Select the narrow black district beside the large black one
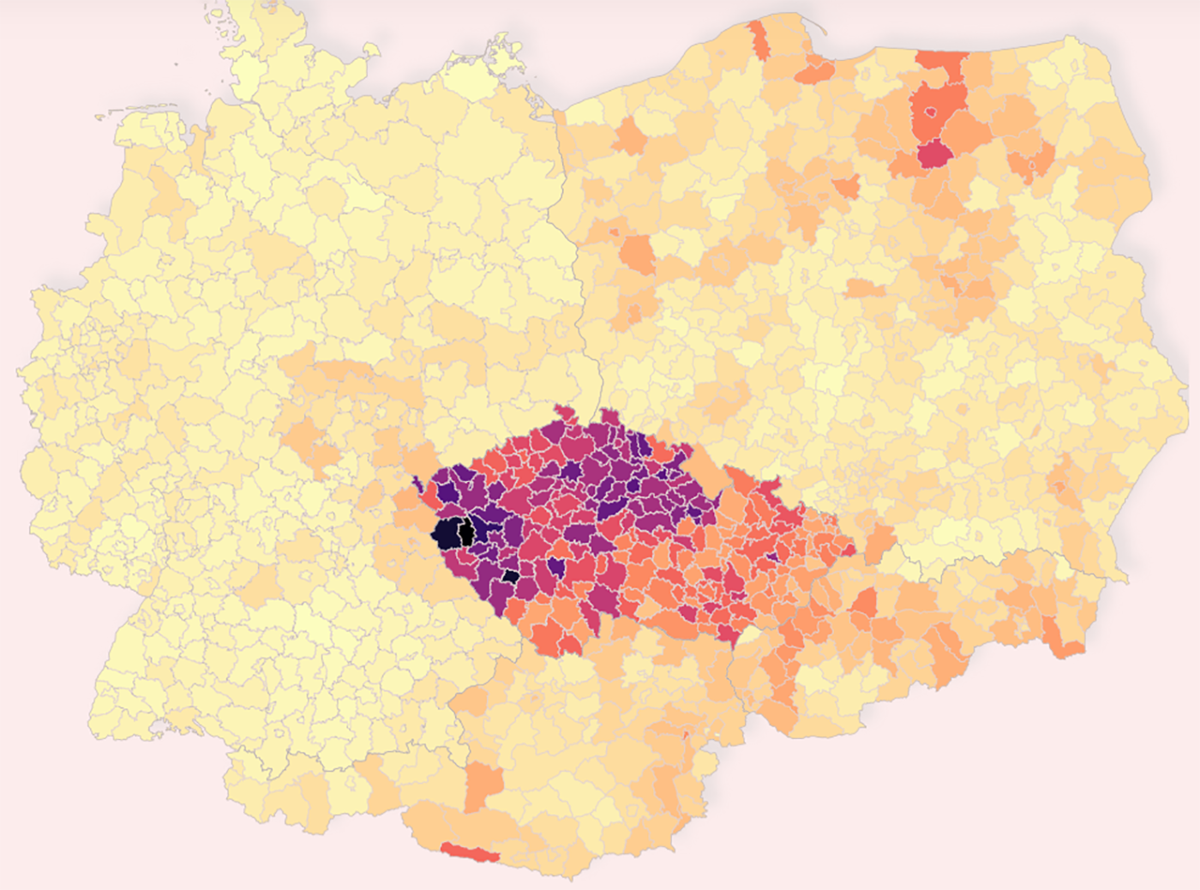coord(467,532)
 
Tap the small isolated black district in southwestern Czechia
coord(510,577)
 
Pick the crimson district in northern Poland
coord(934,154)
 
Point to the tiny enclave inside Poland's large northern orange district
coord(930,111)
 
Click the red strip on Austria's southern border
coord(470,852)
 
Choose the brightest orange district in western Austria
coord(484,785)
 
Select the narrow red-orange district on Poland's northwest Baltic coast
coord(759,39)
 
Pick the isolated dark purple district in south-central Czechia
coord(556,567)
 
